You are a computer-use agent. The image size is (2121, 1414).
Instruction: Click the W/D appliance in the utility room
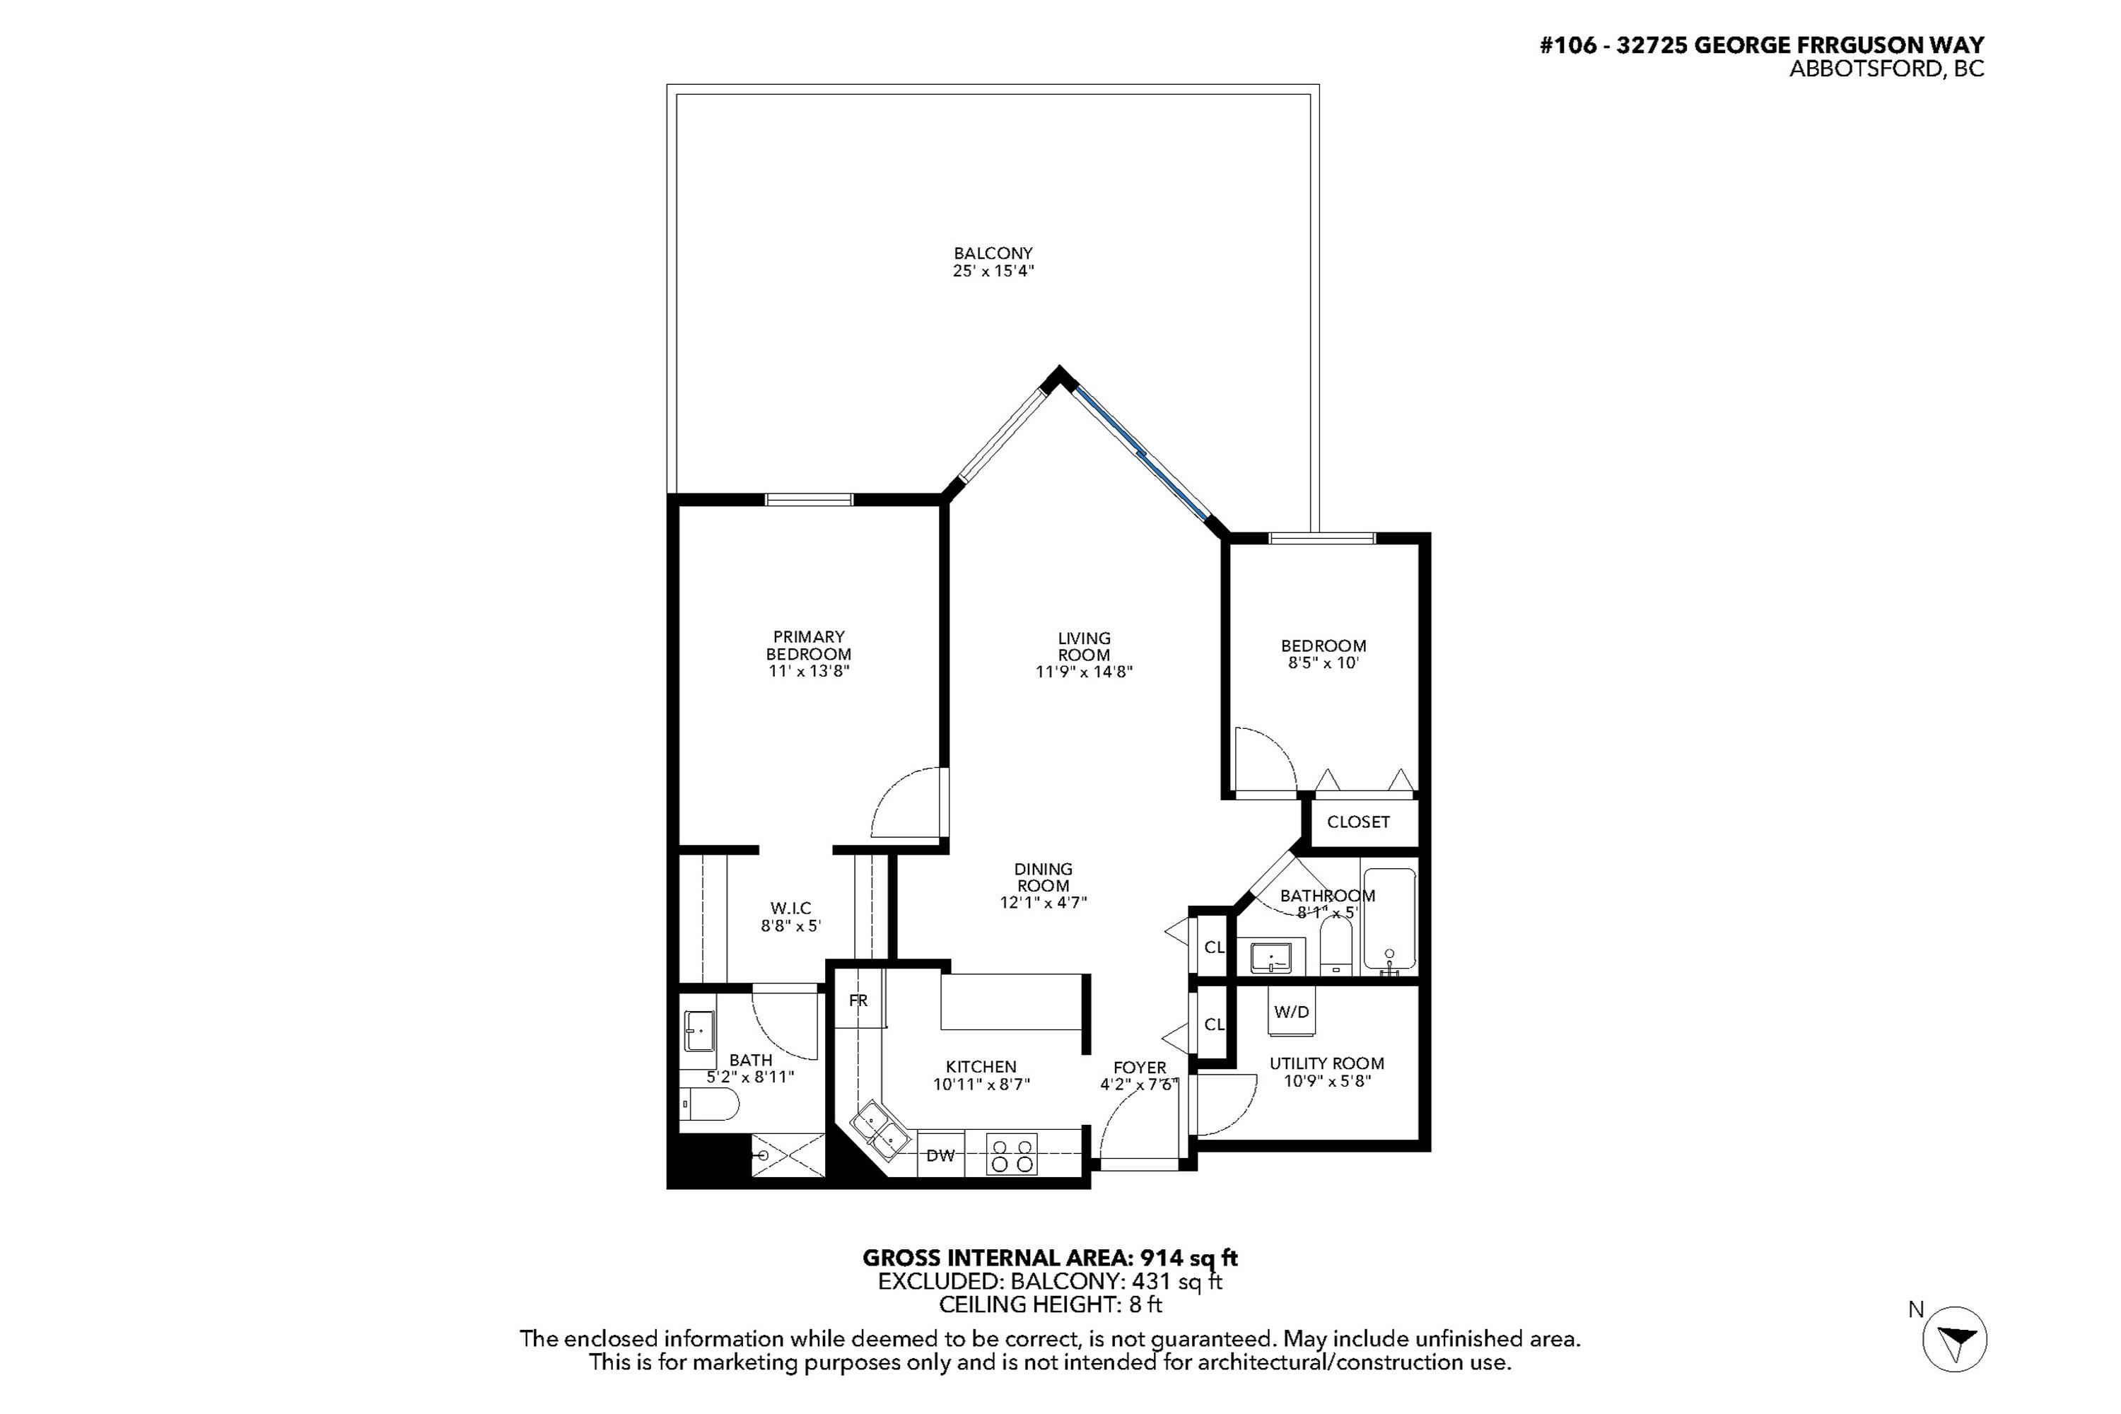[1290, 1012]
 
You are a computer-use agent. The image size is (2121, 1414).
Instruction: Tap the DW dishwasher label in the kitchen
[940, 1155]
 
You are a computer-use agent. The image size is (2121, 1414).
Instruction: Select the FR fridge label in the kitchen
[858, 1000]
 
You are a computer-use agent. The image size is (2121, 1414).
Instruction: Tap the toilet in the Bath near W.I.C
[710, 1103]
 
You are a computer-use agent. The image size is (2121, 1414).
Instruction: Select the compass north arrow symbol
[1954, 1339]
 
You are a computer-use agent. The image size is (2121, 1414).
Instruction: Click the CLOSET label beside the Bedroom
[1358, 822]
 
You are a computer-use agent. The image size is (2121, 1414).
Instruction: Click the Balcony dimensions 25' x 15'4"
[993, 271]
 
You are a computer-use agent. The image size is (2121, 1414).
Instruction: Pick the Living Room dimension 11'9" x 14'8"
[1084, 672]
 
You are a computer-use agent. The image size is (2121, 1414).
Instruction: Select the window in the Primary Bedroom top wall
[809, 500]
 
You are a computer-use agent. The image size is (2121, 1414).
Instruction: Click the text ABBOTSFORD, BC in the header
[1886, 69]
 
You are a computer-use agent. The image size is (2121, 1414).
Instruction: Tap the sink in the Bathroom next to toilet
[1270, 957]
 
